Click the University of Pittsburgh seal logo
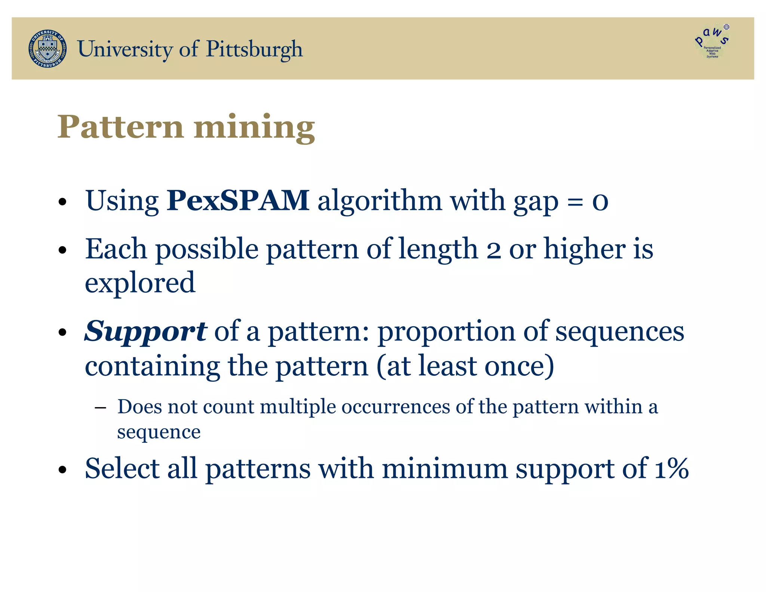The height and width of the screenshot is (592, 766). coord(48,49)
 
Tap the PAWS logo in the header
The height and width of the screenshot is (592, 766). coord(712,42)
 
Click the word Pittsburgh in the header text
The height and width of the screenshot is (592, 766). coord(254,49)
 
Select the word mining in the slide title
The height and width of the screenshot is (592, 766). coord(254,127)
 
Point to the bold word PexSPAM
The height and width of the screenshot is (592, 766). coord(238,201)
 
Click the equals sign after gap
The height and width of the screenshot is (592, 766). coord(575,202)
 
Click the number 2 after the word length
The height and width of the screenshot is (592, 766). coord(494,250)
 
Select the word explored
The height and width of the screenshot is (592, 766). coord(140,283)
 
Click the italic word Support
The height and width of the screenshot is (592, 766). coord(145,332)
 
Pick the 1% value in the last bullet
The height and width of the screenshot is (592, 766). coord(672,469)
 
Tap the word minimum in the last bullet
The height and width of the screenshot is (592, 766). coord(444,469)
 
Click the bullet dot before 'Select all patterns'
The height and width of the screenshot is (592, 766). coord(62,470)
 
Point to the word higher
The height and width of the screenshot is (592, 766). coord(584,249)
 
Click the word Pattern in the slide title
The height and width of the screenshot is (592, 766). coord(120,127)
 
